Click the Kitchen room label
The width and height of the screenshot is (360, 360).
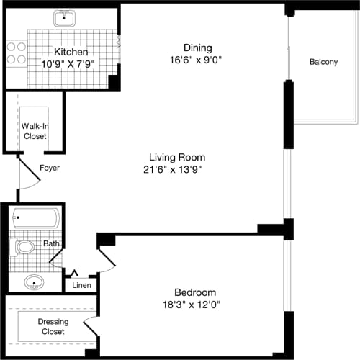tap(71, 53)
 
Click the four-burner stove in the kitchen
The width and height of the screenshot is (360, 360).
tap(17, 52)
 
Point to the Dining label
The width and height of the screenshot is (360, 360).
tap(198, 48)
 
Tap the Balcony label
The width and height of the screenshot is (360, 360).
tap(323, 62)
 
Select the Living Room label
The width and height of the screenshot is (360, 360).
tap(177, 157)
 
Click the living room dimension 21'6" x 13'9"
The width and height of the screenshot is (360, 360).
tap(177, 170)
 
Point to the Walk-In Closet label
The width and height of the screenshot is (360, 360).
tap(34, 130)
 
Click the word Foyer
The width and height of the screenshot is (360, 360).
tap(50, 168)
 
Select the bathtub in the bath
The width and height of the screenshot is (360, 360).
tap(36, 217)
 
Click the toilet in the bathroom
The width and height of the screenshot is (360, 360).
tap(23, 247)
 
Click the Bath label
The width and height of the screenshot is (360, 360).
tap(51, 244)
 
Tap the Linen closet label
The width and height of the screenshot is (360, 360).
tap(81, 286)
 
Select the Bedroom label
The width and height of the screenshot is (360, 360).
tap(195, 292)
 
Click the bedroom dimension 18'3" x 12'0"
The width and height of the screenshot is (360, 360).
tap(195, 305)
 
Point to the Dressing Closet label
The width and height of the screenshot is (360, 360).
tap(51, 327)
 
